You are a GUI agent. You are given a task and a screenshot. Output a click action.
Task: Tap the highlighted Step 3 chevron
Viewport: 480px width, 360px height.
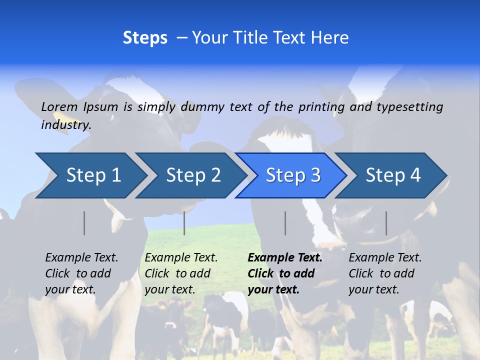pos(293,175)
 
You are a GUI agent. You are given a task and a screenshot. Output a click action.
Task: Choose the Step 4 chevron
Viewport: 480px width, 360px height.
pos(393,175)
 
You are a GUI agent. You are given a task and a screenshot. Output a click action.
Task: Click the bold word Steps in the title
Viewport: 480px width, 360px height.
pos(145,38)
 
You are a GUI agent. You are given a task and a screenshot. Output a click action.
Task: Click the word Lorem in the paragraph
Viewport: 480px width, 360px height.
pos(59,106)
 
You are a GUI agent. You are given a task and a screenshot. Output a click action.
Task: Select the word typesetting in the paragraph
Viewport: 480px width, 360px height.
pos(409,106)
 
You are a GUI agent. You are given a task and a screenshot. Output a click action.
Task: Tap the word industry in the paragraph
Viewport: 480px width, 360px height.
pos(66,125)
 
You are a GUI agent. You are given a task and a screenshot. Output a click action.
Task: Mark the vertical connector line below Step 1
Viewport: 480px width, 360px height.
pos(84,223)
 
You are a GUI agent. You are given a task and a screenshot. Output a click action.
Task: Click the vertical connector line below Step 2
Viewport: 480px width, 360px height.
pos(184,223)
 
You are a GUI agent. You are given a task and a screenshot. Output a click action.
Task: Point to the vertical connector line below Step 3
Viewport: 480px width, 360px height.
pos(285,223)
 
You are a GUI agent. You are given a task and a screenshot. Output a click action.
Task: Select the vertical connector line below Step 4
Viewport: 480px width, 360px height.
pos(386,223)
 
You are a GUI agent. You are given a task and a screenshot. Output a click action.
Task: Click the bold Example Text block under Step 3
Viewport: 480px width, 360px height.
pos(285,273)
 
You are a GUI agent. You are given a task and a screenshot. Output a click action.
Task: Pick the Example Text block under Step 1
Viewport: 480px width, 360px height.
pos(81,273)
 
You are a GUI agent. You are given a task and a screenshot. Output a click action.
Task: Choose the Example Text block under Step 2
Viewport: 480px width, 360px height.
pos(181,273)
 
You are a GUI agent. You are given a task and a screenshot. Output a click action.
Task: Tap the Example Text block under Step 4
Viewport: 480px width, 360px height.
pos(385,273)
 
